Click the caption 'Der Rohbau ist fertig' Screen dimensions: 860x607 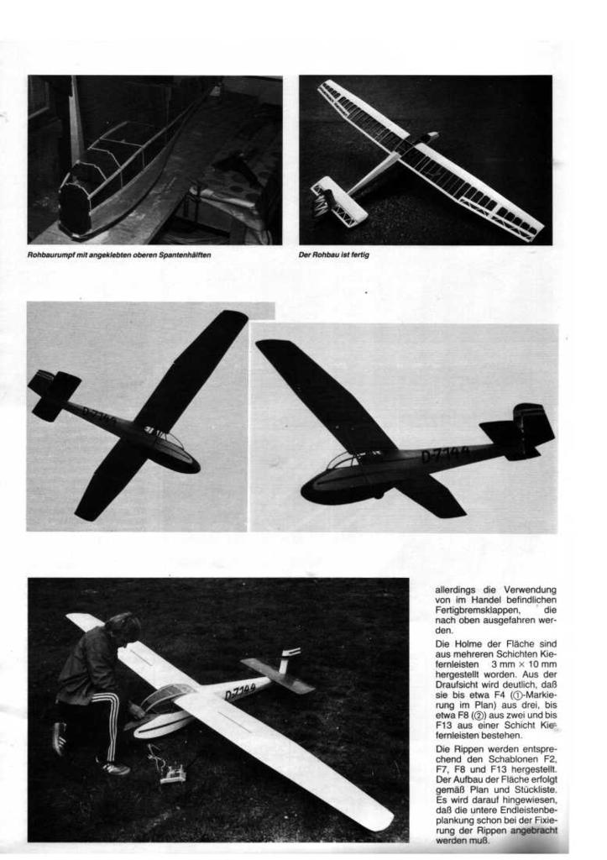click(334, 255)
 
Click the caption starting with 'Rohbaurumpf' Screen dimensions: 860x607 click(118, 255)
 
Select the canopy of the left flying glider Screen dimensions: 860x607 click(168, 440)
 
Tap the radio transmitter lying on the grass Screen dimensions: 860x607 click(173, 773)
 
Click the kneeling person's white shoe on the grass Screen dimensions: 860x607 click(115, 767)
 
